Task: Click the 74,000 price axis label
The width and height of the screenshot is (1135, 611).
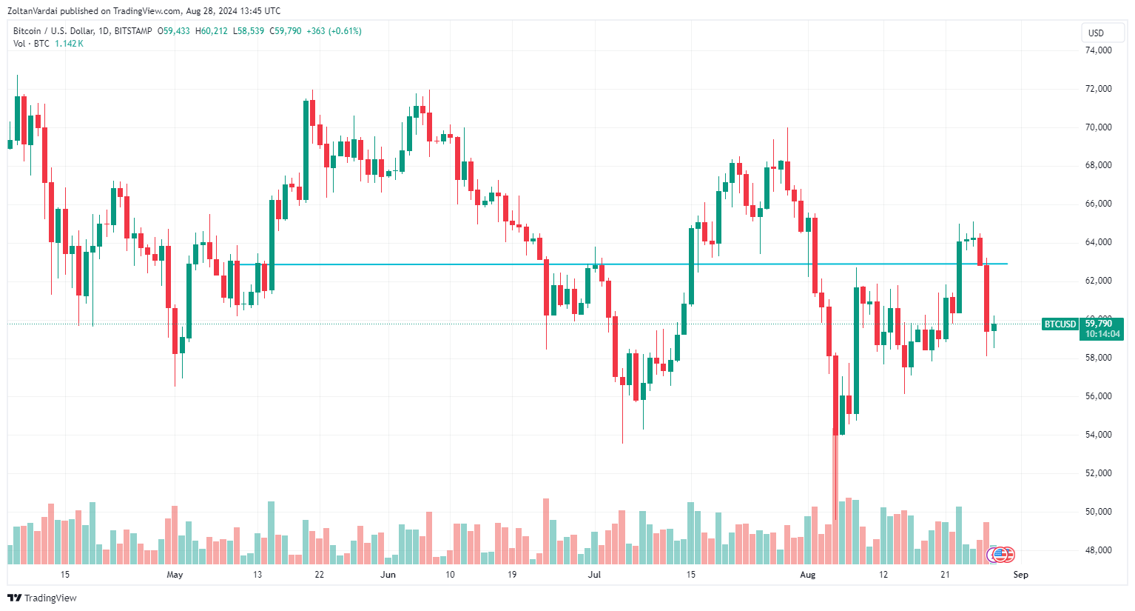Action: point(1098,50)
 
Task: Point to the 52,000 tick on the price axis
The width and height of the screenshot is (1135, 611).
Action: point(1098,473)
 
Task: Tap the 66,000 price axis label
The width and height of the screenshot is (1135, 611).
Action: point(1098,204)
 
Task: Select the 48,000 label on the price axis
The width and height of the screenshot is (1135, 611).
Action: point(1098,550)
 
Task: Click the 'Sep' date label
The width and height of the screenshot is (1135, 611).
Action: point(1020,575)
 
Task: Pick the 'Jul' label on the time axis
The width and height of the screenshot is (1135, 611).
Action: point(594,575)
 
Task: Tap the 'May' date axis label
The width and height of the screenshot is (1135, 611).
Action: point(175,575)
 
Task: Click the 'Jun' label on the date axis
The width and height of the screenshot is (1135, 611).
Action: point(388,575)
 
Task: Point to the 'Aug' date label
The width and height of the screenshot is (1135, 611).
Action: point(807,575)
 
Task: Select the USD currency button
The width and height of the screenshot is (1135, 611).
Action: point(1096,33)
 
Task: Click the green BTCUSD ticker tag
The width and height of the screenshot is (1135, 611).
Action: point(1060,324)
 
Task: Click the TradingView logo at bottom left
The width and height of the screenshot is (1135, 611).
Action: point(42,598)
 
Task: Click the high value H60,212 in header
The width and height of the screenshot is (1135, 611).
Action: point(211,31)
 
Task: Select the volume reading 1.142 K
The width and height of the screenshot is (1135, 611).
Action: point(69,44)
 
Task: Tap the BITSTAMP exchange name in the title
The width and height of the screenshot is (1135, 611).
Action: point(133,31)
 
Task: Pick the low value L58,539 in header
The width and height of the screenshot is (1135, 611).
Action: point(248,31)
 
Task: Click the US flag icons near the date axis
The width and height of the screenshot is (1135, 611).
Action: point(1001,554)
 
